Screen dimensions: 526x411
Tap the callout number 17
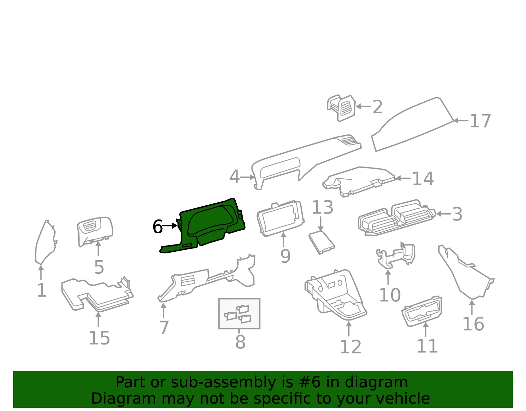pos(480,121)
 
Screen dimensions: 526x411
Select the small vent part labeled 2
pos(341,108)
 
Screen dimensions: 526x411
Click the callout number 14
pos(423,178)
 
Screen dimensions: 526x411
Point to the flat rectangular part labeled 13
pos(322,243)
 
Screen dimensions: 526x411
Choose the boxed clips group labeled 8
pos(239,314)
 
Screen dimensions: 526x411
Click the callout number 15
pos(99,338)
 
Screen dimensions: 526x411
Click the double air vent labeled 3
pos(397,217)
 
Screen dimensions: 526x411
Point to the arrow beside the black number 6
pos(169,226)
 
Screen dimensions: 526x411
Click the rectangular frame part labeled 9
pos(280,219)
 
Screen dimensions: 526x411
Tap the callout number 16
pos(473,324)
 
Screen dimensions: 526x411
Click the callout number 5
pos(99,268)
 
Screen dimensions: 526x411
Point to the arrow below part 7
pos(163,311)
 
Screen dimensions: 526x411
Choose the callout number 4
pos(234,177)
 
